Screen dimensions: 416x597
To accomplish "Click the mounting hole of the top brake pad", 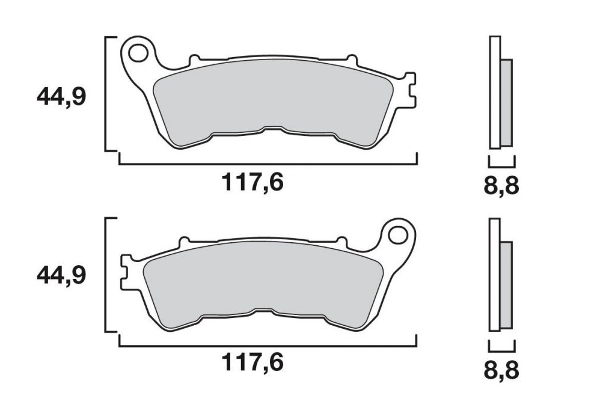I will pos(139,52).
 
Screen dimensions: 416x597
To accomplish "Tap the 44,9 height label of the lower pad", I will pos(62,276).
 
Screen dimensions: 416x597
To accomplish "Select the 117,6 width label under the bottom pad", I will pos(253,362).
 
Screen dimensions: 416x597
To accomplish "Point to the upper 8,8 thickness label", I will pos(501,186).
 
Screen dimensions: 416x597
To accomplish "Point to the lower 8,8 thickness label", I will pos(501,369).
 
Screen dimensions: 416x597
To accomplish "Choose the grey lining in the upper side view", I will pos(506,102).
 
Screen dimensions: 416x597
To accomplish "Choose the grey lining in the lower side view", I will pos(506,285).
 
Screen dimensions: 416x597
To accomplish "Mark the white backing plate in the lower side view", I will pos(494,274).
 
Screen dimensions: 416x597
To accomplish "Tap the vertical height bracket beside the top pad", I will pos(106,93).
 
